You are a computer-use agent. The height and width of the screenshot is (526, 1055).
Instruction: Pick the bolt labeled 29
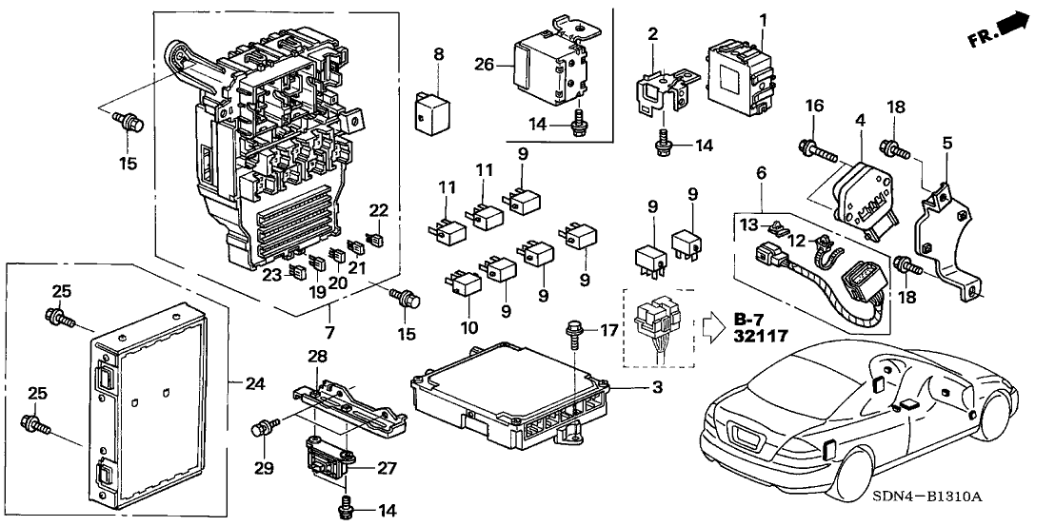[x=262, y=429]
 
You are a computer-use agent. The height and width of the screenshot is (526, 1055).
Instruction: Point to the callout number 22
[x=379, y=210]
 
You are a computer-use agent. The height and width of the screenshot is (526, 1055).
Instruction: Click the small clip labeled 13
[x=779, y=225]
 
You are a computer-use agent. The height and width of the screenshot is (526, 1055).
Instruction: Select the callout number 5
[x=946, y=144]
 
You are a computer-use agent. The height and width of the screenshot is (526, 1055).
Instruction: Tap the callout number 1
[x=762, y=19]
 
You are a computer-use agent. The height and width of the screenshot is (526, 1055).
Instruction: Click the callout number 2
[x=652, y=35]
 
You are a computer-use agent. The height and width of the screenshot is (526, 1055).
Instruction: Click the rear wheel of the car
[x=847, y=470]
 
